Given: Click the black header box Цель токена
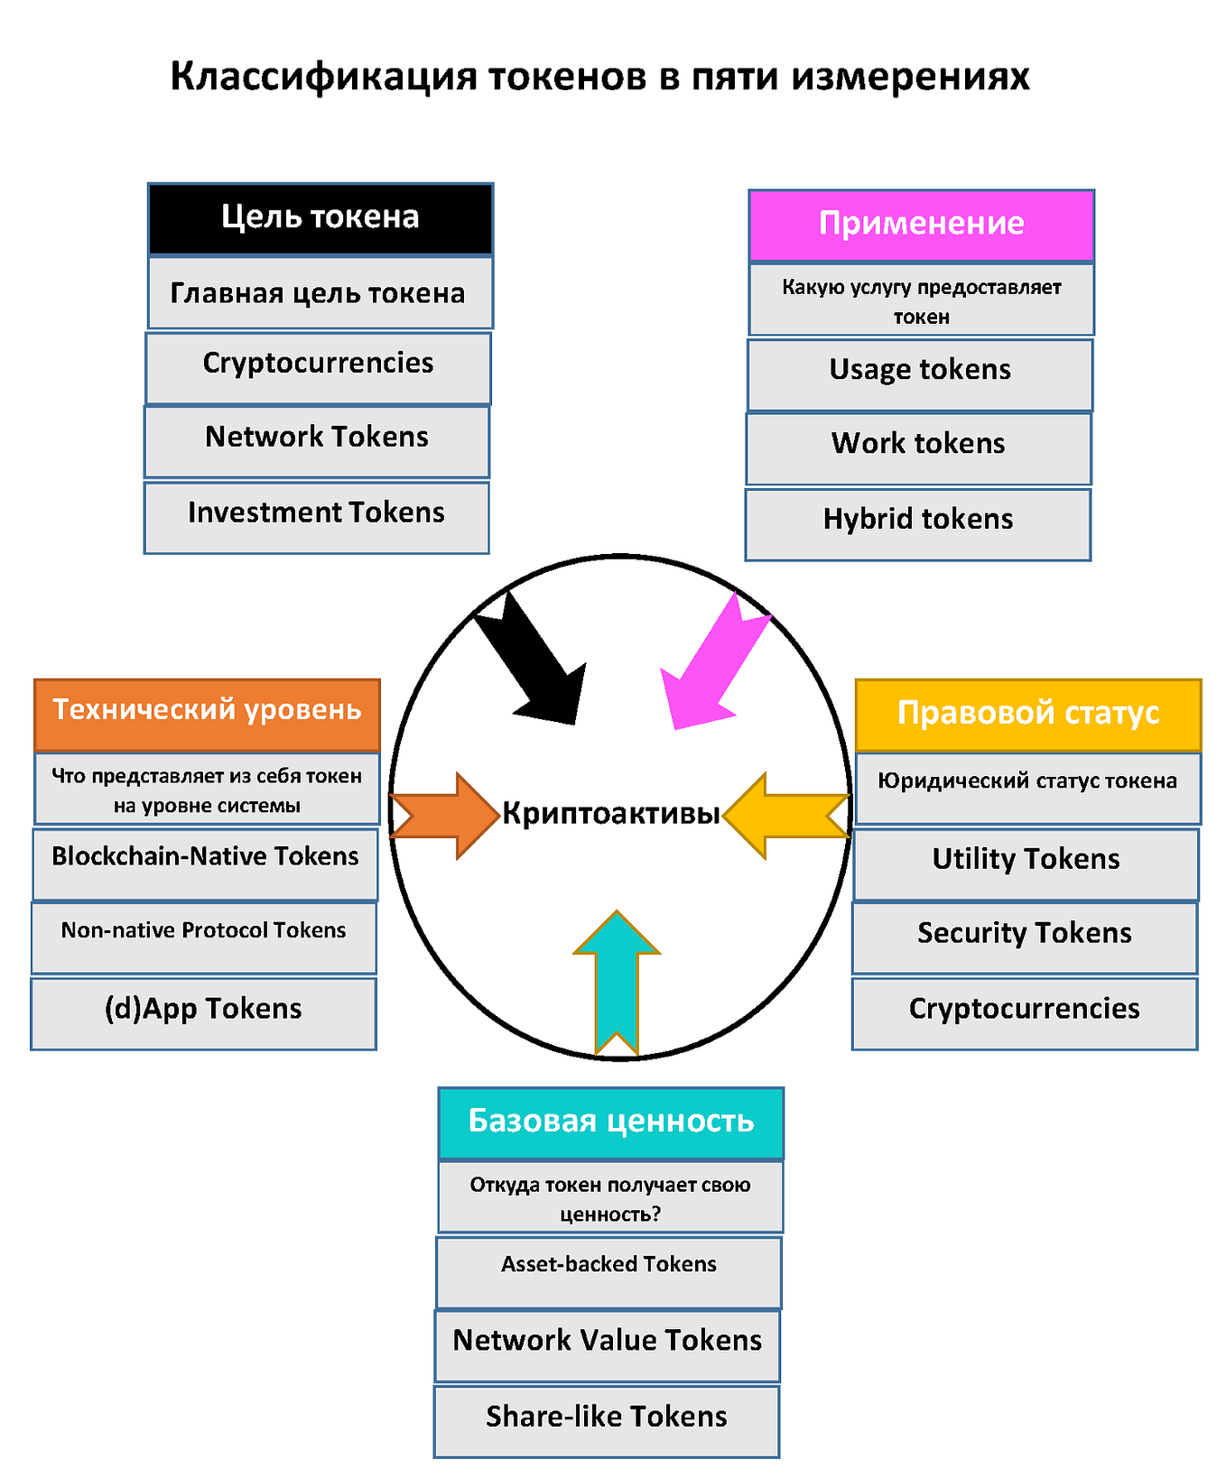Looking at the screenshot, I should pyautogui.click(x=320, y=218).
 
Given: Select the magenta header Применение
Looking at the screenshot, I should pyautogui.click(x=921, y=225).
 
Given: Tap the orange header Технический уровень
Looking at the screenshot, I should pyautogui.click(x=207, y=714).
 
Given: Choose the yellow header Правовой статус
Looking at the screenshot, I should pyautogui.click(x=1027, y=714).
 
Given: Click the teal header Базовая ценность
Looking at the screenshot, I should pyautogui.click(x=610, y=1122).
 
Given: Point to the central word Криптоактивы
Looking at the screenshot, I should pyautogui.click(x=611, y=814).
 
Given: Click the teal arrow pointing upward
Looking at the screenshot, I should pyautogui.click(x=617, y=984).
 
